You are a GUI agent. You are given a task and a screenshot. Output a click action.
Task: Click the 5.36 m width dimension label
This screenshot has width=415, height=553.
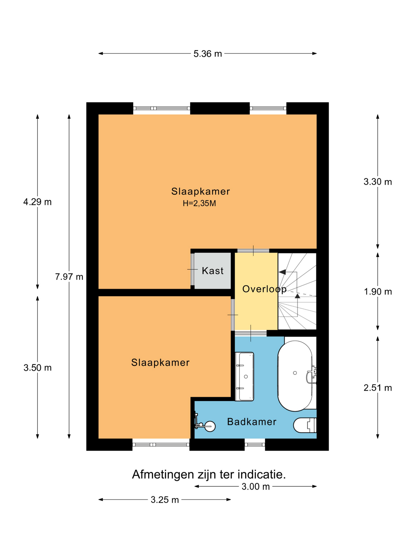pos(207,54)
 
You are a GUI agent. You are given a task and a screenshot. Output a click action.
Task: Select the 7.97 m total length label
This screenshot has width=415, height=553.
pos(69,277)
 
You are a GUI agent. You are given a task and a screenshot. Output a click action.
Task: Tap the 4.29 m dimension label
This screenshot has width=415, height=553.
pos(37,202)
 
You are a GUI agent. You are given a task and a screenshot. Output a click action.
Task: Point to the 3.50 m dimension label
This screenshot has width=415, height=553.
pos(37,368)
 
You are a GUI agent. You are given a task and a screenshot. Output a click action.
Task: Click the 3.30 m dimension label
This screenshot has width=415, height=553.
pos(378,182)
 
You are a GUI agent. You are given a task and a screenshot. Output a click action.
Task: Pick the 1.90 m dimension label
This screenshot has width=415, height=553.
pos(378,292)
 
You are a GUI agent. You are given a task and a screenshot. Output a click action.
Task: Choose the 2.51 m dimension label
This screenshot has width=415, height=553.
pos(378,388)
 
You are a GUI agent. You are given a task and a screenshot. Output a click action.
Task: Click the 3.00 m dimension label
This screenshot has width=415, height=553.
pos(256,487)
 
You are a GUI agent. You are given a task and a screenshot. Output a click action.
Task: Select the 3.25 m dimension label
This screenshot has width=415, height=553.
pos(165,500)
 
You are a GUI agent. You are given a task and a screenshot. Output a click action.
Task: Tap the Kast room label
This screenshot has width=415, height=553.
pos(213,271)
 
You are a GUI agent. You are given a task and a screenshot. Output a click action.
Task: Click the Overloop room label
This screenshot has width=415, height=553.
pos(265,289)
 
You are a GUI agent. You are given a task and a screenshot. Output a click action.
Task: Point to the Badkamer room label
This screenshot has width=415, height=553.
pos(252,422)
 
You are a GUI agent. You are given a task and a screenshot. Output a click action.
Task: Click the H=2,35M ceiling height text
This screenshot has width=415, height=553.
pos(199,204)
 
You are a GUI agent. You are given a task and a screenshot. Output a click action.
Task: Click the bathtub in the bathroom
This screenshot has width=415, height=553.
pos(295,376)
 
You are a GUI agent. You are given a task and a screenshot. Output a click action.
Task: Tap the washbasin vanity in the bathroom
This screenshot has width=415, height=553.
pos(244,376)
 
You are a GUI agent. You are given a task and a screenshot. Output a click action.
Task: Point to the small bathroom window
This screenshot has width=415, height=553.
pos(255,444)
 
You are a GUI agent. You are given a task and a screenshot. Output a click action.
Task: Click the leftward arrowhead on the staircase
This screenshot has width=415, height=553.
pos(282,272)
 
